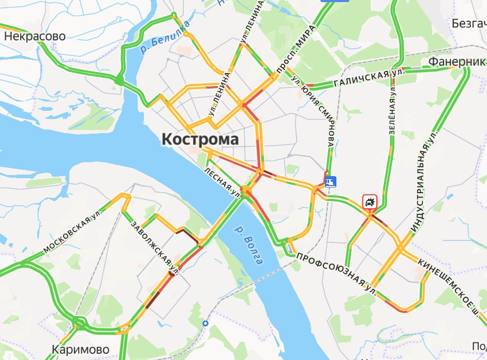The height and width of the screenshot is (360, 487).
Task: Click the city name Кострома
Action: click(200, 139)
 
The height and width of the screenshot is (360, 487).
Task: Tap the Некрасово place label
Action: click(35, 36)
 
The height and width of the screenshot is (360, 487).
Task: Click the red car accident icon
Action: click(370, 202)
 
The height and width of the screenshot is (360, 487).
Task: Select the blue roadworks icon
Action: click(330, 181)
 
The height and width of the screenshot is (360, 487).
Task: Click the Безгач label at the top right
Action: click(468, 24)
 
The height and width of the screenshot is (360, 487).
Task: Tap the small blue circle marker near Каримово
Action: click(205, 324)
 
